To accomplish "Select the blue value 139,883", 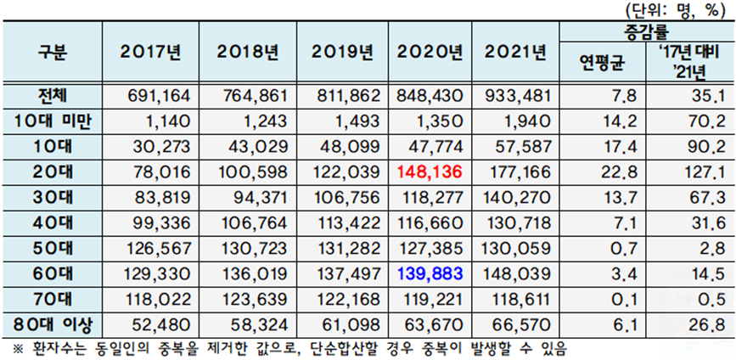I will [x=430, y=273].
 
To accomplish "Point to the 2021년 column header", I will [x=516, y=53].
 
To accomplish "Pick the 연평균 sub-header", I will [x=602, y=64].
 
